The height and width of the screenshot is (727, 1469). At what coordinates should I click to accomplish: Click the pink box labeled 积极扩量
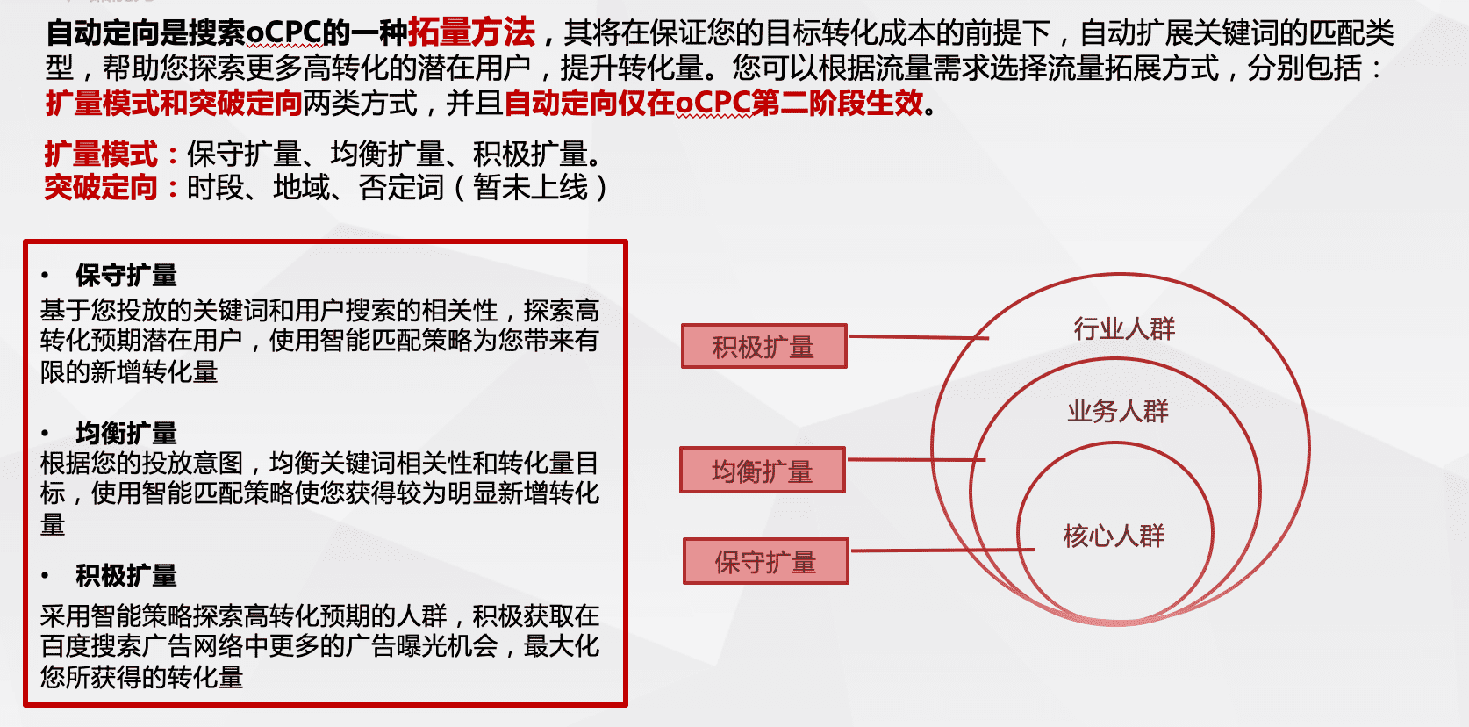764,346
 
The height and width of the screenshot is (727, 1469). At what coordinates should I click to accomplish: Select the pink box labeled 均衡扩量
763,470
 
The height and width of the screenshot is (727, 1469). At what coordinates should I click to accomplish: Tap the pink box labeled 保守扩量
766,561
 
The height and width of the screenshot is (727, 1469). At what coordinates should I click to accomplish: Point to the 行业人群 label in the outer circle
1124,328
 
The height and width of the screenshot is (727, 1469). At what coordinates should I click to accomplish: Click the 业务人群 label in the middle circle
1118,412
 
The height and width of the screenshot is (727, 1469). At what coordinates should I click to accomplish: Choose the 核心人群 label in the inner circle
1114,536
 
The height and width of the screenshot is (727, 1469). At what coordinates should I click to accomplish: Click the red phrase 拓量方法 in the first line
471,32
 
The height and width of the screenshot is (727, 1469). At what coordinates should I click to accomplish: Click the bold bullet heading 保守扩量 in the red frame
125,276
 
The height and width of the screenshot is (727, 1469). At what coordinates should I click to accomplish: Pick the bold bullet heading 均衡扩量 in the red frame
125,434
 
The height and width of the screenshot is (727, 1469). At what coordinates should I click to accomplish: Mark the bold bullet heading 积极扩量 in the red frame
125,575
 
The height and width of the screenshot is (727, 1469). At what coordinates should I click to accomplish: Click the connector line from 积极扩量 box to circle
919,337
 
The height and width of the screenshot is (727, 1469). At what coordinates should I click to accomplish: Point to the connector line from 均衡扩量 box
916,459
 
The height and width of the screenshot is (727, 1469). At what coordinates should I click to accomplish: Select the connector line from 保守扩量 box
942,550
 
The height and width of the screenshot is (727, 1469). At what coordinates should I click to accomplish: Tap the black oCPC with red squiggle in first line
284,32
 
